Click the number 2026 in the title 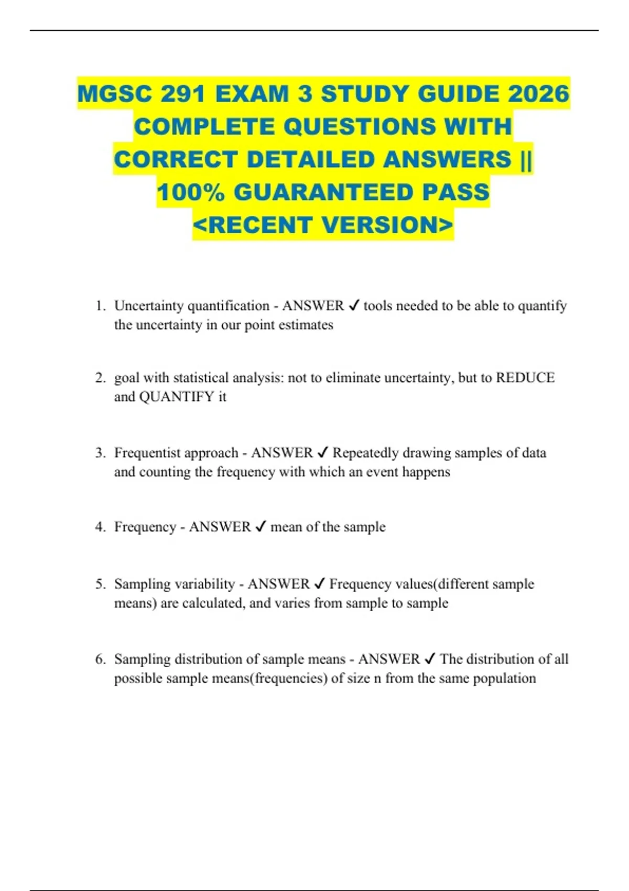[538, 94]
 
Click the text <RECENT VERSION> [323, 225]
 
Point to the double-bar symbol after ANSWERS [526, 159]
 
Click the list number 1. [100, 306]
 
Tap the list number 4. [100, 527]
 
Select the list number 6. [100, 659]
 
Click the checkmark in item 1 [354, 306]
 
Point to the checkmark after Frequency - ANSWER [261, 527]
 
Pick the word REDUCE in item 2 [525, 378]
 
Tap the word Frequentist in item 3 [147, 453]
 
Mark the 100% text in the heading [190, 192]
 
